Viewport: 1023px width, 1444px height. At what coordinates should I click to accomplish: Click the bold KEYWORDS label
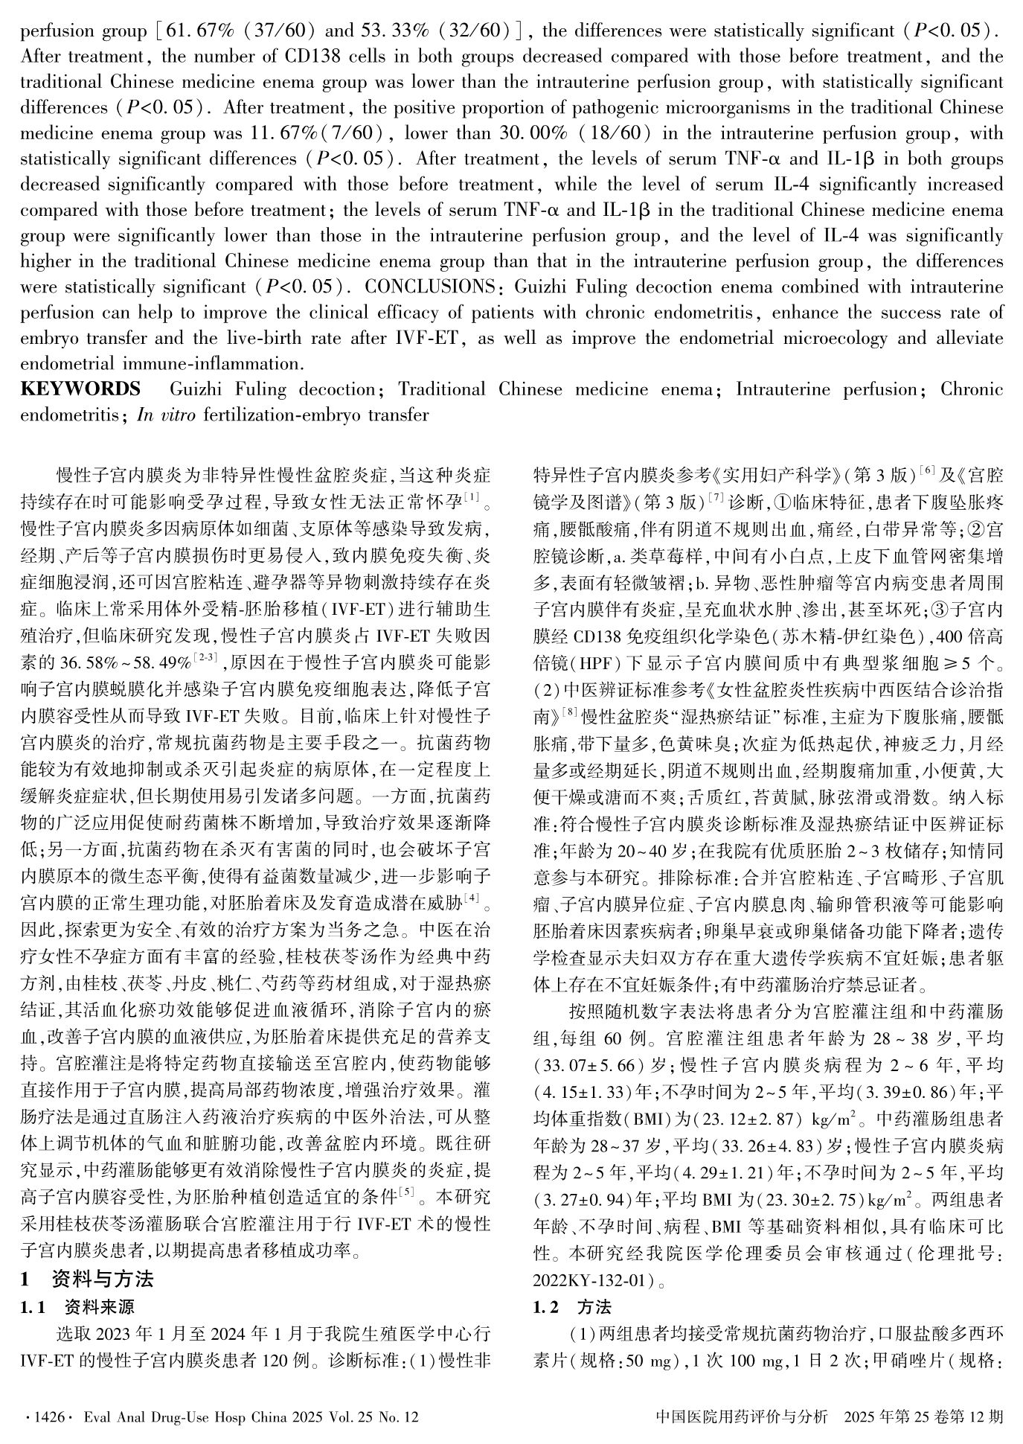click(x=80, y=389)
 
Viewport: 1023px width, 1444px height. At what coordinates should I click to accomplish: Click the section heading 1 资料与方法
click(x=87, y=1279)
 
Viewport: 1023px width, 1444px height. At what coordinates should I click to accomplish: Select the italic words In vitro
click(x=165, y=415)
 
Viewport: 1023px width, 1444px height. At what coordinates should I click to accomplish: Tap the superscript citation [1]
click(x=472, y=494)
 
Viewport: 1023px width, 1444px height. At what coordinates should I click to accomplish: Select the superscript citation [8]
click(x=571, y=712)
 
